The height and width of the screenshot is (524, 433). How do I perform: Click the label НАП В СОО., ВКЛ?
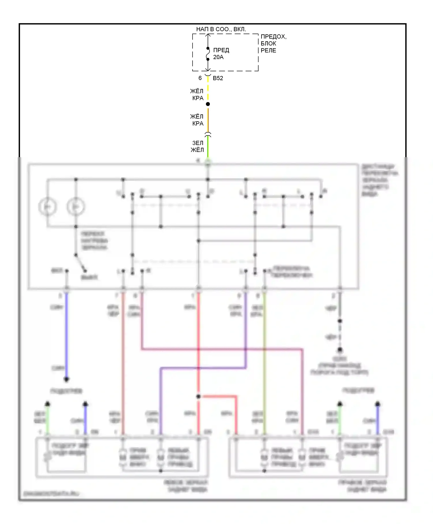[x=221, y=29]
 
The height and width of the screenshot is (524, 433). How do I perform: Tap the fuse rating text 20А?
[x=218, y=57]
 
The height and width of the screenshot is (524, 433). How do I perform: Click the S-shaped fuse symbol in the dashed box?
[x=208, y=54]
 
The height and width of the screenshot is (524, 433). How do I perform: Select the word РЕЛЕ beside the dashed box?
[x=268, y=51]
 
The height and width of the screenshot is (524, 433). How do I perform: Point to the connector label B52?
[x=218, y=78]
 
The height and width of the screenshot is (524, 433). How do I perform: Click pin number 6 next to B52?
[x=200, y=78]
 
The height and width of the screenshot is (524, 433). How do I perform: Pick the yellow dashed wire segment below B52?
[x=208, y=90]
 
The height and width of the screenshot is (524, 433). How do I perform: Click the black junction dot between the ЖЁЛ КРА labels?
[x=208, y=104]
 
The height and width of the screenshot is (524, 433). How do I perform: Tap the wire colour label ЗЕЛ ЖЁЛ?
[x=197, y=146]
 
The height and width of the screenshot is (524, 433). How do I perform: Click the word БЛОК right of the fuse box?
[x=268, y=44]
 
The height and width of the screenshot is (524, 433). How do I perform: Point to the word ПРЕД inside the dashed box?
[x=221, y=50]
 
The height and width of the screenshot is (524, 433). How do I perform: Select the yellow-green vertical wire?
[x=264, y=361]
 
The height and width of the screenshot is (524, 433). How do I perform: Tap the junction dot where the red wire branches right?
[x=199, y=397]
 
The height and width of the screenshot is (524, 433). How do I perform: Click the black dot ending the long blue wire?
[x=66, y=379]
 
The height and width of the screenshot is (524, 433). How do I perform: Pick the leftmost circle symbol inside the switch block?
[x=48, y=207]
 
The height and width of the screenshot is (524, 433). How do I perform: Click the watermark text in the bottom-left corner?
[x=51, y=494]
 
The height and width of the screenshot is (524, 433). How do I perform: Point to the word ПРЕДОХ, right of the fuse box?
[x=273, y=37]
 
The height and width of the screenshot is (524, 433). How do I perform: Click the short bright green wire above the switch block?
[x=208, y=147]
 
